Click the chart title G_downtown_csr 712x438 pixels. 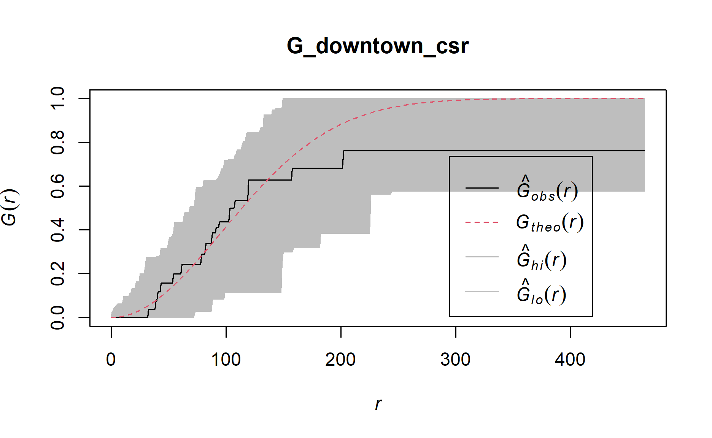click(377, 46)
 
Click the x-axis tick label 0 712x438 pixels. click(111, 360)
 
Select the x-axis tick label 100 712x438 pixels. click(226, 360)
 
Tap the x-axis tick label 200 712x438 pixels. click(340, 360)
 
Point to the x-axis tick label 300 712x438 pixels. click(455, 360)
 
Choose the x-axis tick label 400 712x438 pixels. click(570, 360)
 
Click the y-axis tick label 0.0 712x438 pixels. click(58, 317)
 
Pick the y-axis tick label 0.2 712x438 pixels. click(58, 273)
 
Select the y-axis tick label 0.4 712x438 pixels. click(58, 230)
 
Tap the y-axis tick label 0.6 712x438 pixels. click(58, 186)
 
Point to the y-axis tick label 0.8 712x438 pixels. click(58, 142)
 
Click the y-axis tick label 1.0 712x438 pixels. click(58, 98)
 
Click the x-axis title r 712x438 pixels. click(378, 404)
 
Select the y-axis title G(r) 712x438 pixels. click(9, 208)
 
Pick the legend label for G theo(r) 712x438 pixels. click(550, 223)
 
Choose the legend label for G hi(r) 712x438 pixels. click(542, 259)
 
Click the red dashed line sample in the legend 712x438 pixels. click(482, 222)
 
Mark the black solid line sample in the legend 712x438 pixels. click(482, 188)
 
